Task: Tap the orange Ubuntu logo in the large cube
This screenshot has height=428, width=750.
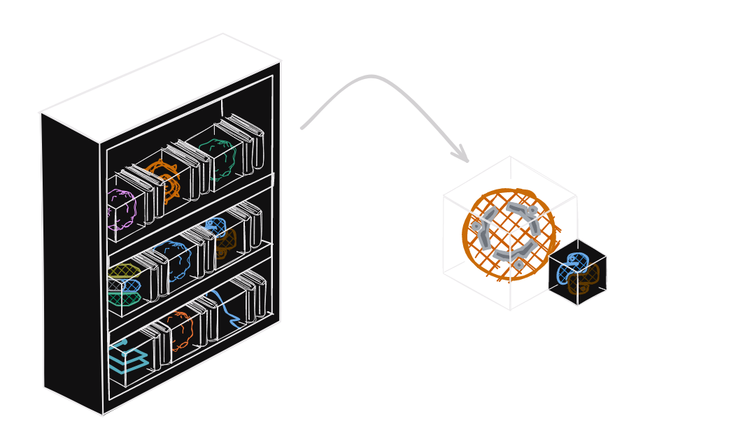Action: (509, 234)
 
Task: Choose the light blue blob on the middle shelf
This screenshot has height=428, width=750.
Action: (173, 260)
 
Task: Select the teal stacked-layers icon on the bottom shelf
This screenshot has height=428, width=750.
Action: (126, 357)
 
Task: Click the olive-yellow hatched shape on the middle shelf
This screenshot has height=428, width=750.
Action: (124, 271)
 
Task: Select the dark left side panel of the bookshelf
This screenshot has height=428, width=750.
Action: (71, 259)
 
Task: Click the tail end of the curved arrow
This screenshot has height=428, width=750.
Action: (302, 128)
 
